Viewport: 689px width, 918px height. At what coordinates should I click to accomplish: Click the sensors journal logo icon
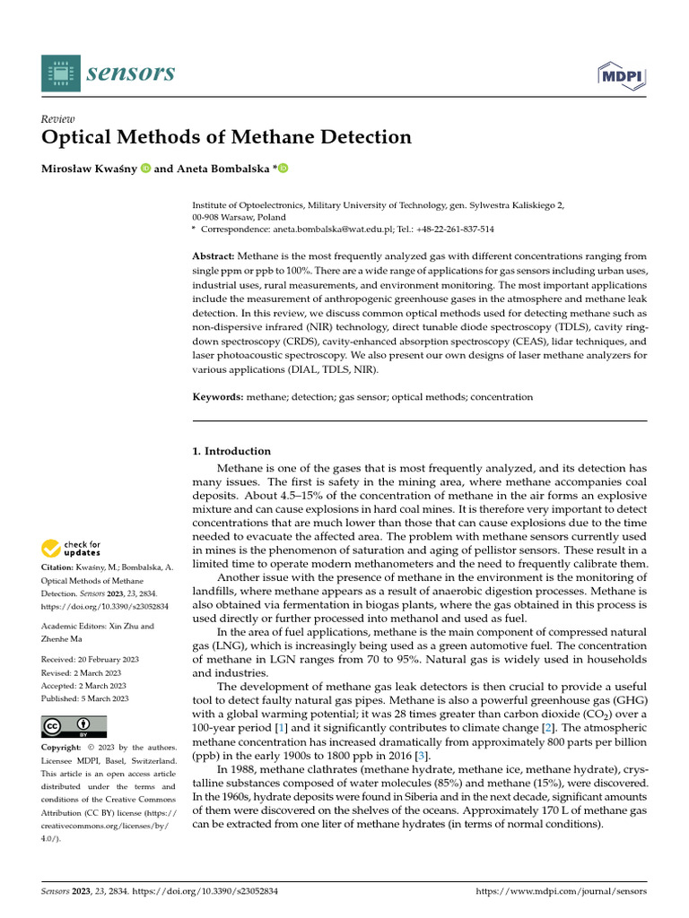60,73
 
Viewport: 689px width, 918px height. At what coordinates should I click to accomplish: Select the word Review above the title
58,118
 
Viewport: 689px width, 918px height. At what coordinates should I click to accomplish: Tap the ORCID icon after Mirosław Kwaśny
145,169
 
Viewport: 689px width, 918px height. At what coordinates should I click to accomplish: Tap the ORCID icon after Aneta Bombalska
283,169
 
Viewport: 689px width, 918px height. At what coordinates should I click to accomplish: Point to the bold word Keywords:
219,396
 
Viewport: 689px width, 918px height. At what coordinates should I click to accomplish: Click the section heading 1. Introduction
231,451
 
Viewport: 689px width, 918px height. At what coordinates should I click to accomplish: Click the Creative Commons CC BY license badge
74,726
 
